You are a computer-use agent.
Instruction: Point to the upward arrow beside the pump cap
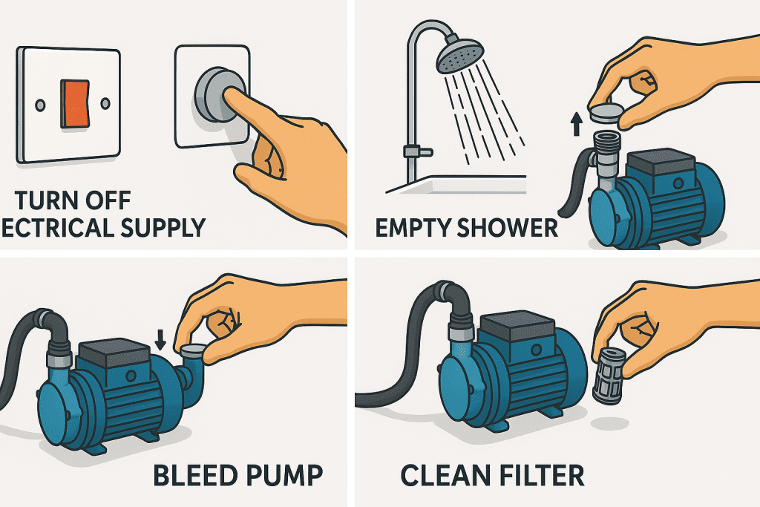[x=575, y=123]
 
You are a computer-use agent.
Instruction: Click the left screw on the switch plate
[x=39, y=103]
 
